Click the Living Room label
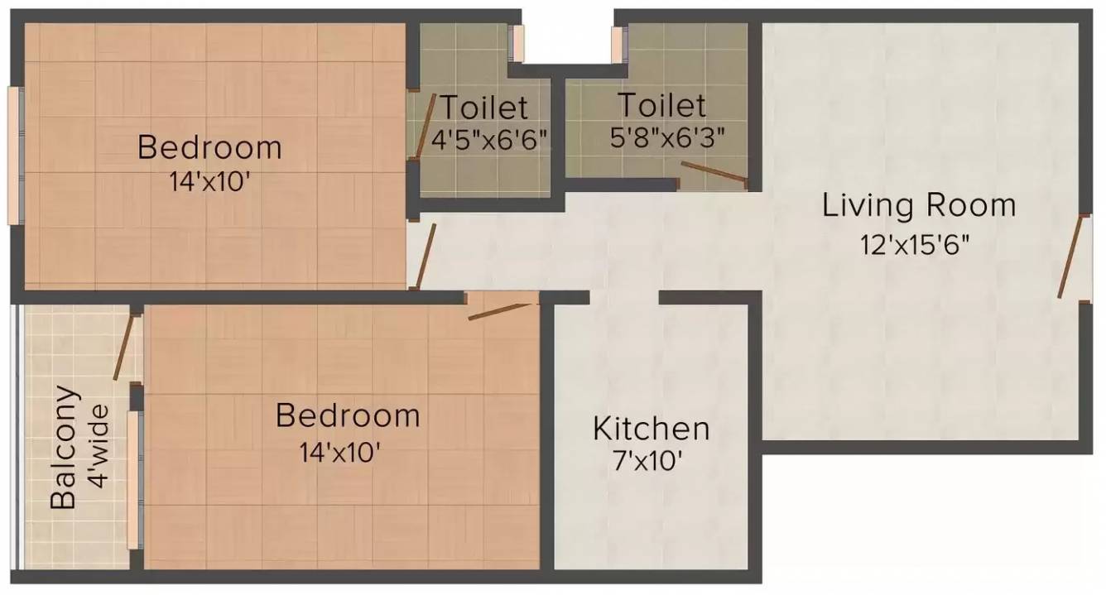click(918, 204)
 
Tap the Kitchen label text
click(652, 429)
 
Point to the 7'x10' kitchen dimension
click(651, 461)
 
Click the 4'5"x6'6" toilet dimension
click(489, 138)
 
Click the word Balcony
click(65, 447)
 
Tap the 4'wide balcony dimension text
click(98, 447)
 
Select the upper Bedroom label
click(209, 148)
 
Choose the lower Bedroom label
click(348, 415)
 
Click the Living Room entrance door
click(1071, 257)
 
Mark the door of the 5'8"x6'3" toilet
click(714, 171)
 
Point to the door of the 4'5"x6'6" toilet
click(425, 125)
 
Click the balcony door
click(123, 347)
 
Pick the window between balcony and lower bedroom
click(132, 480)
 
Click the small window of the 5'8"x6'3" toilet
click(617, 43)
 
